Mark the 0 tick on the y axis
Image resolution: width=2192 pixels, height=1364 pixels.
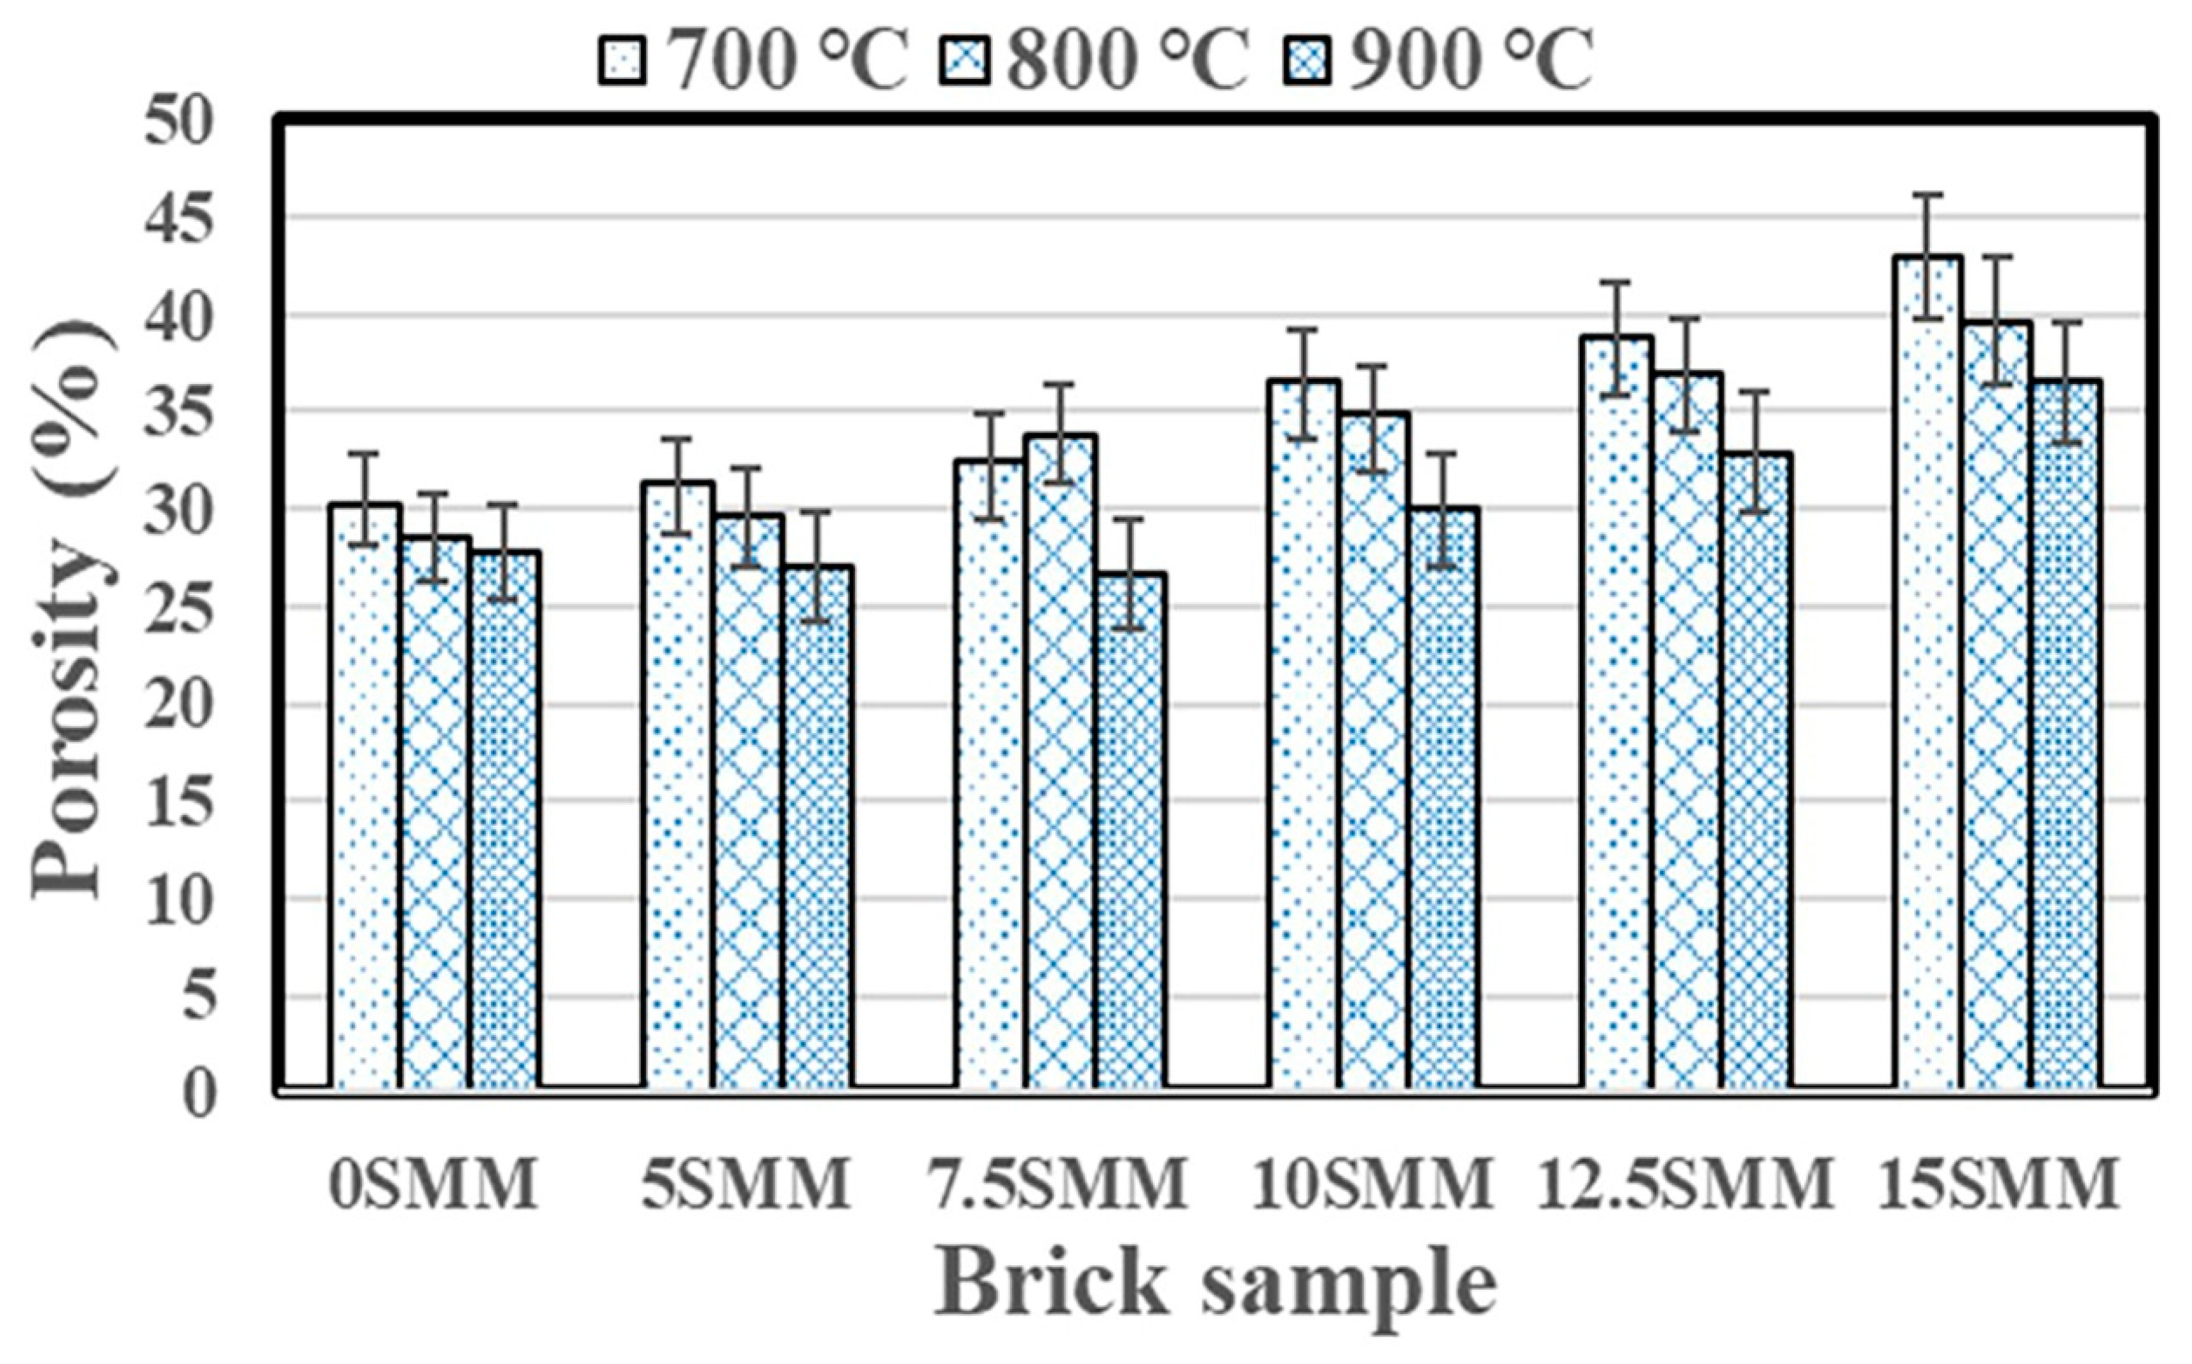tap(200, 1094)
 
